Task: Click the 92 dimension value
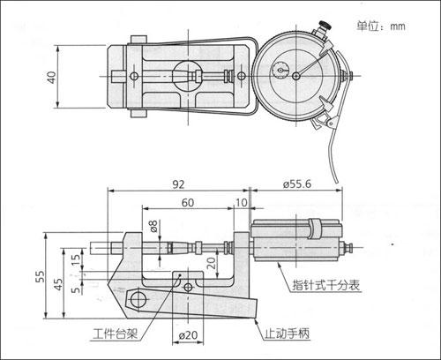(x=178, y=184)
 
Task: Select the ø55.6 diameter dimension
(x=297, y=184)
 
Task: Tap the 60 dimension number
(x=188, y=203)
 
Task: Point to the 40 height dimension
(x=52, y=77)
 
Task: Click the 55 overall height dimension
(x=41, y=276)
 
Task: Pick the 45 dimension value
(x=58, y=284)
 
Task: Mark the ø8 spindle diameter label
(x=153, y=226)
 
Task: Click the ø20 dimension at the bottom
(x=188, y=335)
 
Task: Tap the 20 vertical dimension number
(x=211, y=263)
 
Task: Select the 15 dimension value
(x=76, y=259)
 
